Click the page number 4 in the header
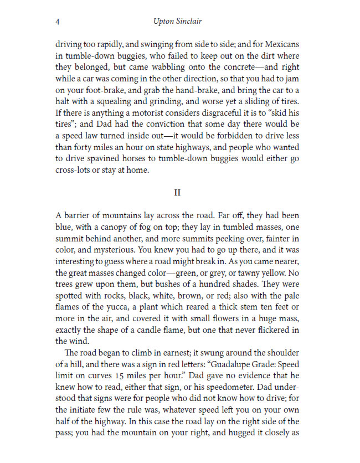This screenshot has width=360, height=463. pos(58,22)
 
